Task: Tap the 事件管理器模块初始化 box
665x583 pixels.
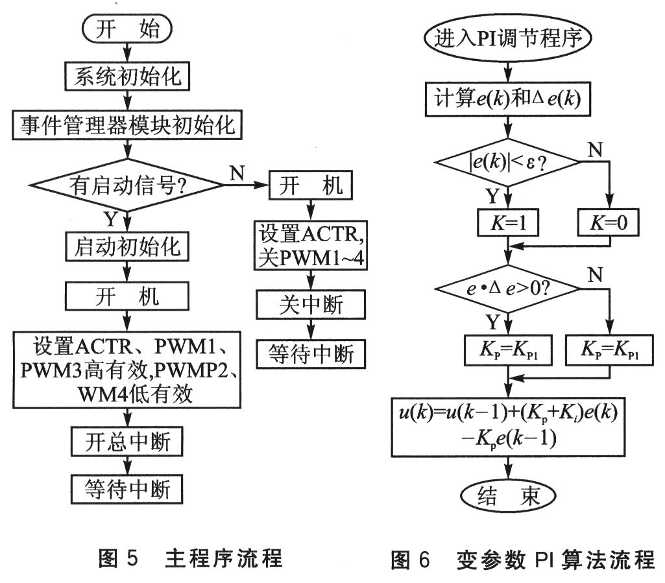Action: pos(128,125)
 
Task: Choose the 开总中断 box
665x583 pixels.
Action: pos(128,443)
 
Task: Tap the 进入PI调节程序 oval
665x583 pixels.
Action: pos(507,38)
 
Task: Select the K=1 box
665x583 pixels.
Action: pos(507,224)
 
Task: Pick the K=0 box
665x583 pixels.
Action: pos(608,224)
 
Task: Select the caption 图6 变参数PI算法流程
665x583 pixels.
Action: pos(523,559)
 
